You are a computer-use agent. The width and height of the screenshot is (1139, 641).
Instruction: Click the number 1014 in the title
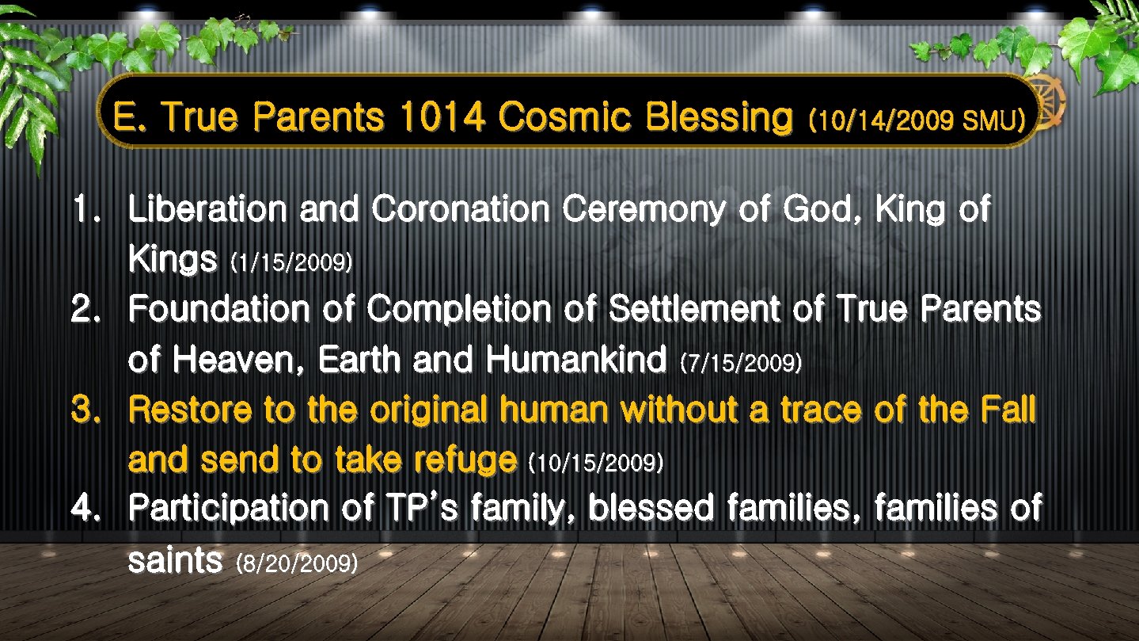(x=442, y=118)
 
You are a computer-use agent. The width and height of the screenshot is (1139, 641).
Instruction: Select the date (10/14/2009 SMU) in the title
(x=916, y=120)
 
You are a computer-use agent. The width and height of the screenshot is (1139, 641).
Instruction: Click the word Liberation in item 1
(x=207, y=210)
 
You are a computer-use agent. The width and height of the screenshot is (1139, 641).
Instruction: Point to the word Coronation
(x=461, y=210)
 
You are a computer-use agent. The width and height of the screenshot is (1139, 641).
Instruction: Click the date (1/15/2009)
(x=290, y=263)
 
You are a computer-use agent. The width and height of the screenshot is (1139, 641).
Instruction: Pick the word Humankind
(x=576, y=361)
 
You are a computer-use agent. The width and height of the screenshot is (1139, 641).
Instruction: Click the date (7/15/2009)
(x=741, y=364)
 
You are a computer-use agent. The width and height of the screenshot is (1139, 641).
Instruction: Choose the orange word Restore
(x=189, y=410)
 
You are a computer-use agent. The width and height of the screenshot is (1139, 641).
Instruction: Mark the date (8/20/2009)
(x=297, y=563)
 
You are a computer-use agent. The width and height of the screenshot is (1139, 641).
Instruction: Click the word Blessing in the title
(x=719, y=118)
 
